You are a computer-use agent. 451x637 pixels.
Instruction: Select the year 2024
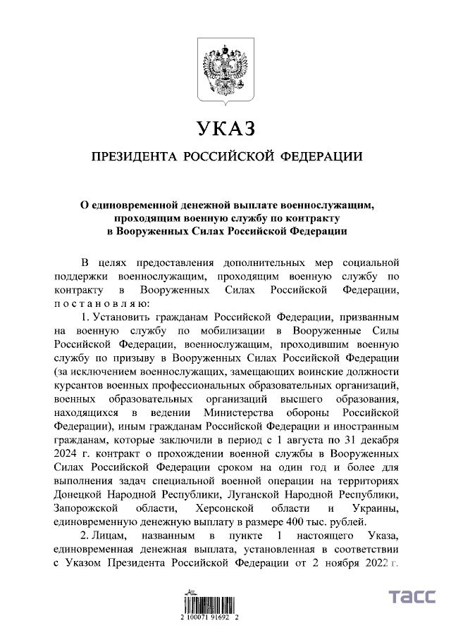coord(67,454)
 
